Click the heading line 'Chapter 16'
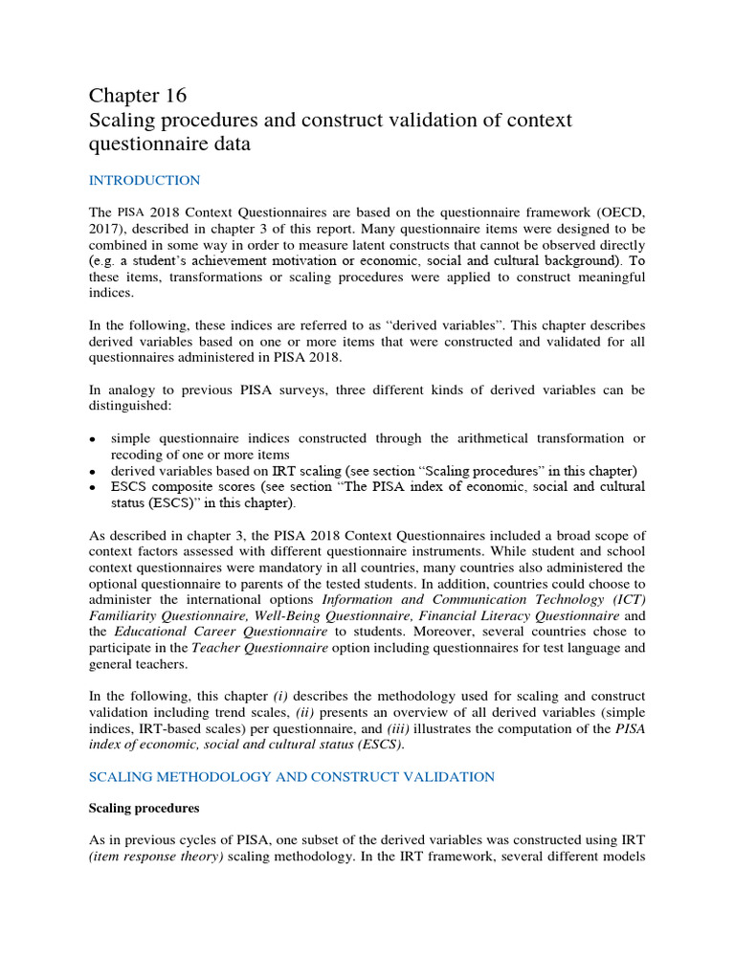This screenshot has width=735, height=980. pos(138,96)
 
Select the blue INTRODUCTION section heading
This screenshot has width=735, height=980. pos(145,180)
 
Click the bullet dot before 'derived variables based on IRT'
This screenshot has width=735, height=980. pos(93,472)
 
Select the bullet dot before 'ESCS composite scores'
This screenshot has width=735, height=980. pos(93,488)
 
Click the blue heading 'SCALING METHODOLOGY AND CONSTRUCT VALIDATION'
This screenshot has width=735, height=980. pos(291,776)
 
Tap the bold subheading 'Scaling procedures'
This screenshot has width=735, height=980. pos(144,808)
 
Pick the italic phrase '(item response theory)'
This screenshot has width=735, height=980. pos(156,857)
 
